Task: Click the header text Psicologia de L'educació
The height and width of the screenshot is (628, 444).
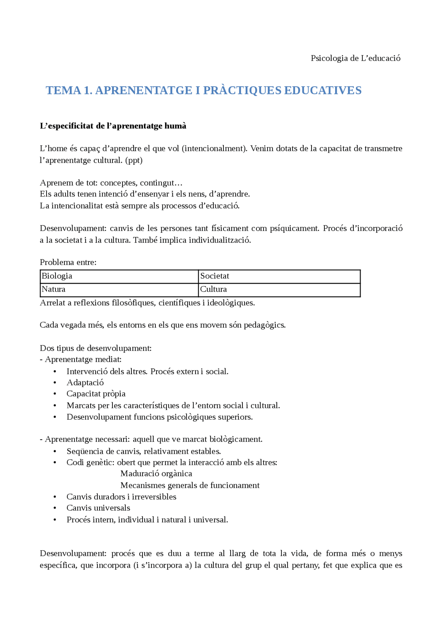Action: [355, 58]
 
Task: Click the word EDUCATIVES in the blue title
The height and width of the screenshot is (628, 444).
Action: [323, 91]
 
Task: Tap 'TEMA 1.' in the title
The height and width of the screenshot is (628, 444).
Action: [69, 91]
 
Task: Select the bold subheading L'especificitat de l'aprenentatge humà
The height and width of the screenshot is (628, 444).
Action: [113, 126]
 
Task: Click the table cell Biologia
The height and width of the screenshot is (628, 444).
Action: [57, 276]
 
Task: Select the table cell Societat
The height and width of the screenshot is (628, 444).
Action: [215, 276]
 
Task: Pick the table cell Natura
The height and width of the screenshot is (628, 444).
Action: [54, 289]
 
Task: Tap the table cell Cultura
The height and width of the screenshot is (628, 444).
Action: [213, 289]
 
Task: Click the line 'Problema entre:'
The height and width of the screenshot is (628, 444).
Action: [68, 263]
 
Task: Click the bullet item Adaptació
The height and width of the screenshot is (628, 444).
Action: [85, 382]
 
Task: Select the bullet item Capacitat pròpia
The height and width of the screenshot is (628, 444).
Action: [96, 394]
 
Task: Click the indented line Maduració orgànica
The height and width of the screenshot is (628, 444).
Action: [156, 474]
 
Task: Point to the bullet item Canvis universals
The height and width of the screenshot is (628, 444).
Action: [98, 508]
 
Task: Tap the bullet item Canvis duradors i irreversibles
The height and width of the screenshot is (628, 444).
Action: [121, 497]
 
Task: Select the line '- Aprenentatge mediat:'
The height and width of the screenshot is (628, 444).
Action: [80, 360]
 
